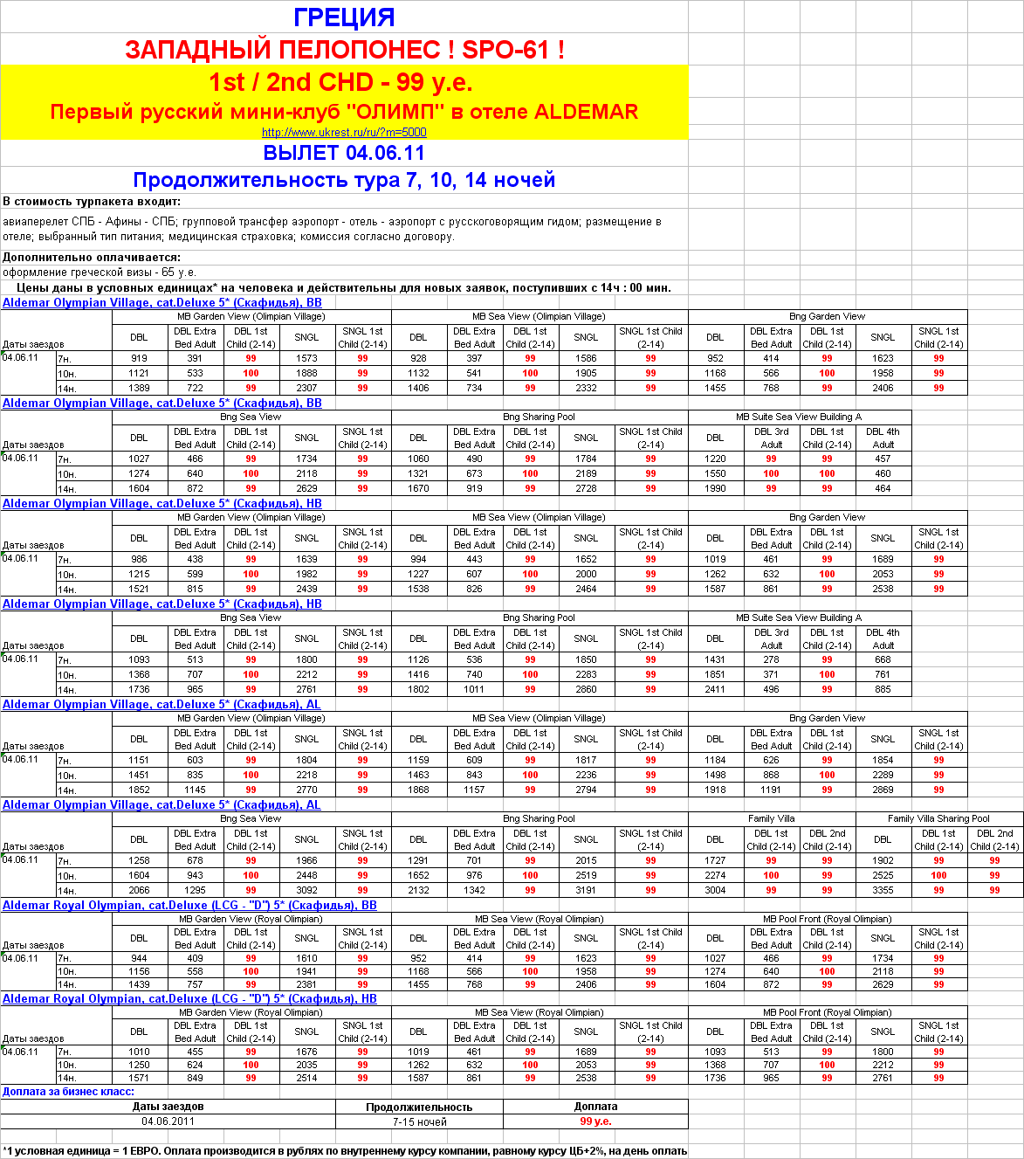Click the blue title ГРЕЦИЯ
[344, 17]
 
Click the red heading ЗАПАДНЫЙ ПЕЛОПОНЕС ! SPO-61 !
[344, 50]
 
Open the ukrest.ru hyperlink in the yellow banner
[344, 133]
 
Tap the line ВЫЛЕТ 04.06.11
[344, 153]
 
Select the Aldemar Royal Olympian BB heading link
[189, 906]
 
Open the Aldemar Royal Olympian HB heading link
[189, 999]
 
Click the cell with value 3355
[883, 890]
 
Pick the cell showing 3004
[715, 890]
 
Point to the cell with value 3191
[586, 890]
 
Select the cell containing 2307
[306, 388]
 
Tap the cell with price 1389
[139, 388]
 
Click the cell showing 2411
[715, 689]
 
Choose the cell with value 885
[883, 689]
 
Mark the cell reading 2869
[883, 790]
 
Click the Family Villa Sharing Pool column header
[938, 818]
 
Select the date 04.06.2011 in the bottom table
[168, 1121]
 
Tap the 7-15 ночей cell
[419, 1121]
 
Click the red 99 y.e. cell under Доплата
[595, 1121]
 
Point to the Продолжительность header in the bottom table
[419, 1107]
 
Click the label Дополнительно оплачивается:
[92, 258]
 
